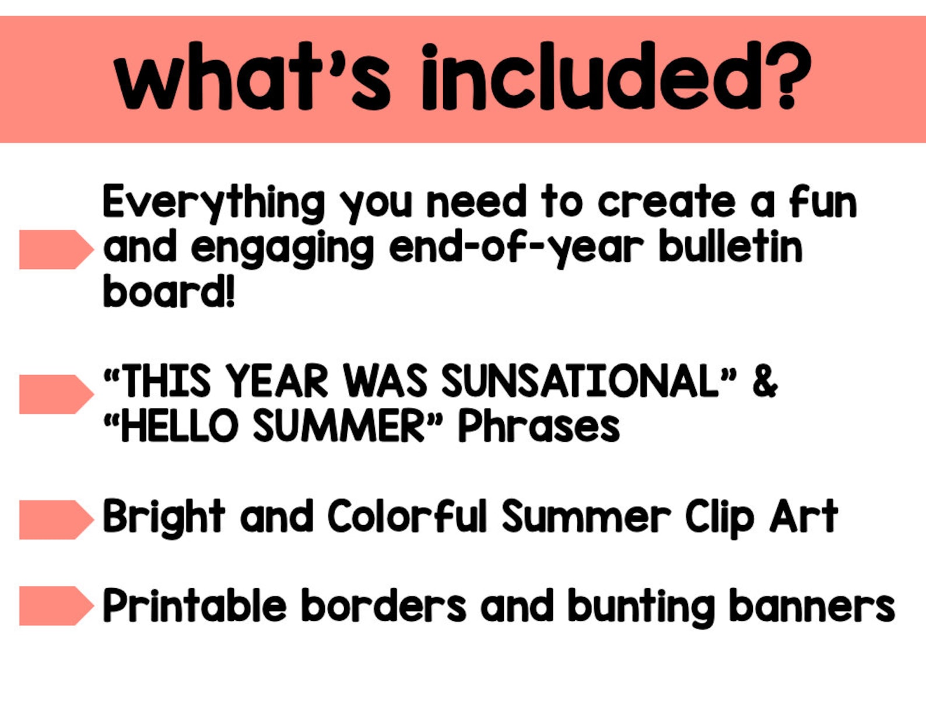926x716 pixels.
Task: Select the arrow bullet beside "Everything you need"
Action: tap(55, 249)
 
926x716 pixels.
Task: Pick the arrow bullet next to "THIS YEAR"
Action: tap(55, 394)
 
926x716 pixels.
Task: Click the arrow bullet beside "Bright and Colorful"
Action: tap(55, 519)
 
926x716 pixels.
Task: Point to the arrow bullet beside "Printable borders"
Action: tap(55, 606)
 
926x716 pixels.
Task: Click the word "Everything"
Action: tap(213, 203)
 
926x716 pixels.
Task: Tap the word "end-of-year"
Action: tap(516, 248)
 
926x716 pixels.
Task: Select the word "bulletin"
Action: tap(730, 247)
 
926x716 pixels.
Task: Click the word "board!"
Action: tap(169, 291)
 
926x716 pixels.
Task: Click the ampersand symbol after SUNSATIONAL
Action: tap(764, 382)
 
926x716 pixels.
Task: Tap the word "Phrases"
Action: tap(538, 427)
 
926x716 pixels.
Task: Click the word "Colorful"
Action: tap(406, 517)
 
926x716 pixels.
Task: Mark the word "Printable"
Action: tap(194, 606)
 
